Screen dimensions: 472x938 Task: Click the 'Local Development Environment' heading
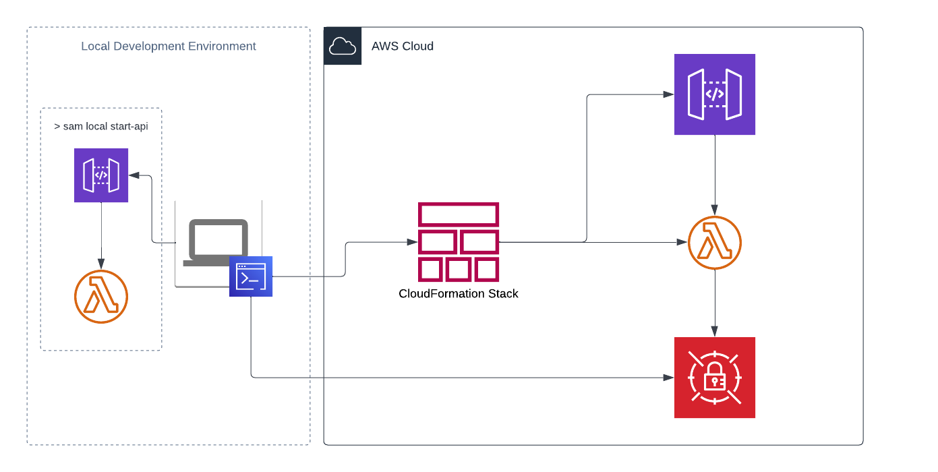(169, 47)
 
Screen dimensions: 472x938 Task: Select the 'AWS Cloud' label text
(403, 47)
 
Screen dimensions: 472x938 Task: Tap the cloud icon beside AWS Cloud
(343, 46)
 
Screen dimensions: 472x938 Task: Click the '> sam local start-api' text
(101, 127)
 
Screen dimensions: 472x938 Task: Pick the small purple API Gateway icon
(101, 175)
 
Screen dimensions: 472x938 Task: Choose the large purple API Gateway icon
(715, 94)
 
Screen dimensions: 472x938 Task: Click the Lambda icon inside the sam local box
(101, 297)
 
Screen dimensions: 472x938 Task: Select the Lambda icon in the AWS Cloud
(715, 243)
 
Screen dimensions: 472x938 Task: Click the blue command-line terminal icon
(251, 276)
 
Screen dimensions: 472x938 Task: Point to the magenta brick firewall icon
(459, 243)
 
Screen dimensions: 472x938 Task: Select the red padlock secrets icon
(715, 378)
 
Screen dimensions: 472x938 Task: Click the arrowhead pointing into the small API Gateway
(134, 175)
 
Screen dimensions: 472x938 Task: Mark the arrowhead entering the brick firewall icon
(412, 243)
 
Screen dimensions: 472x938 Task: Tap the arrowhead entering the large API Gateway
(669, 94)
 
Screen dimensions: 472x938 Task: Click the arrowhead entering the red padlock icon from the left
(669, 378)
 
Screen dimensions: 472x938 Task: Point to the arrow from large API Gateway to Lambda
(715, 175)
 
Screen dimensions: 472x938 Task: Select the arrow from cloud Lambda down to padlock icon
(715, 303)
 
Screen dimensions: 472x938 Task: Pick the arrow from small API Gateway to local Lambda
(101, 236)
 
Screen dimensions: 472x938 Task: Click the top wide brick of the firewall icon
(459, 214)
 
